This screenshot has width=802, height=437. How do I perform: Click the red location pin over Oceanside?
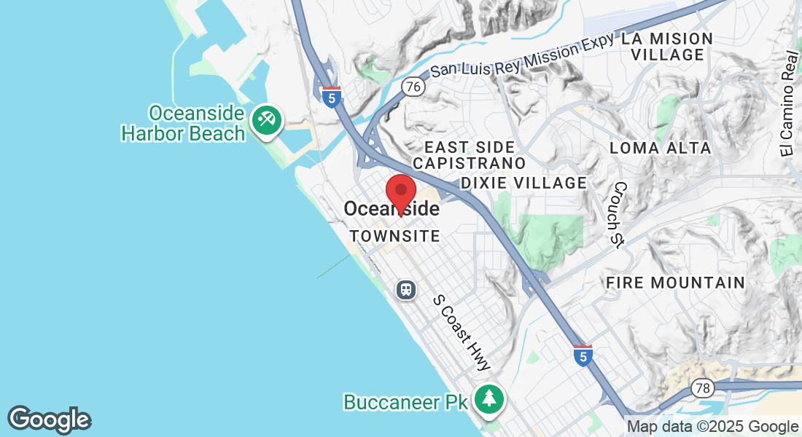tap(400, 192)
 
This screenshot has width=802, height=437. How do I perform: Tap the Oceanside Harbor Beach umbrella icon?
tap(266, 121)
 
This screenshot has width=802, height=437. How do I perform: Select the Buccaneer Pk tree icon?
tap(489, 398)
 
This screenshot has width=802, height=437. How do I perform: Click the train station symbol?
tap(406, 290)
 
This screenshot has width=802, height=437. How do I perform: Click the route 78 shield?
tap(702, 387)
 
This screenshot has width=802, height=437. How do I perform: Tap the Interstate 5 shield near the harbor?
tap(332, 97)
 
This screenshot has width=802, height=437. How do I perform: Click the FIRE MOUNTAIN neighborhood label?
tap(675, 283)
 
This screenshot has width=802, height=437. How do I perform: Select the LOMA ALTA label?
tap(660, 149)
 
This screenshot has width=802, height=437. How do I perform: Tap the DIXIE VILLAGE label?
tap(523, 183)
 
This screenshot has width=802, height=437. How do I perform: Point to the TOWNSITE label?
tap(394, 237)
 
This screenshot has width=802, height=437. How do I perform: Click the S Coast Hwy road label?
tap(462, 332)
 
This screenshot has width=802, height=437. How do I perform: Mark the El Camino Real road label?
tap(788, 102)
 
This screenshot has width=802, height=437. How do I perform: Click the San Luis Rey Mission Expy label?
tap(521, 58)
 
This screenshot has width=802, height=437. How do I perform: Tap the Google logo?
tap(49, 420)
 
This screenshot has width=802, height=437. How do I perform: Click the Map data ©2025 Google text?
tap(712, 427)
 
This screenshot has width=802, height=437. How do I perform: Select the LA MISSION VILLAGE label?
tap(666, 47)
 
